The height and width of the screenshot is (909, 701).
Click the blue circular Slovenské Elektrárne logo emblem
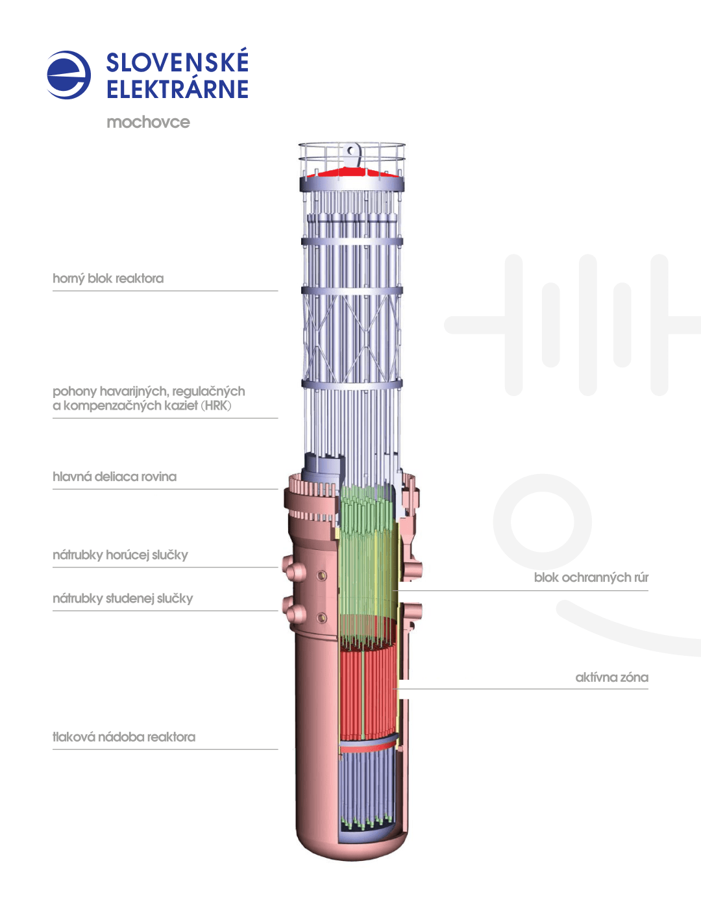tap(69, 75)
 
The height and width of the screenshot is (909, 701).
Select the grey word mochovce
tap(149, 122)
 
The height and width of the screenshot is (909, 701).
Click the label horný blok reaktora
tap(108, 279)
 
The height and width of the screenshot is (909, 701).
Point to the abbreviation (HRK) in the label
tap(216, 405)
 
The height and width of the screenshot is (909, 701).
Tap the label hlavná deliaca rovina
tap(114, 477)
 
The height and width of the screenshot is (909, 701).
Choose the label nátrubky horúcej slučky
tap(120, 554)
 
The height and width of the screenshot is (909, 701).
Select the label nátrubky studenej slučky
tap(123, 598)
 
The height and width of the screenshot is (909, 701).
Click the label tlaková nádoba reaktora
tap(124, 737)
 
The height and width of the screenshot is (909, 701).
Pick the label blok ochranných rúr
tap(591, 577)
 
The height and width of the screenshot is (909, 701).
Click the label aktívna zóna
tap(612, 677)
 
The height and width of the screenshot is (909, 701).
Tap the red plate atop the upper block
tap(351, 173)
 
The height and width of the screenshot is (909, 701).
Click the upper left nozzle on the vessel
tap(294, 569)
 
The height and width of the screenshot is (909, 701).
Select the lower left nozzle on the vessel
tap(294, 611)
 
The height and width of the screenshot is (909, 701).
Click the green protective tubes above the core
tap(367, 565)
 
